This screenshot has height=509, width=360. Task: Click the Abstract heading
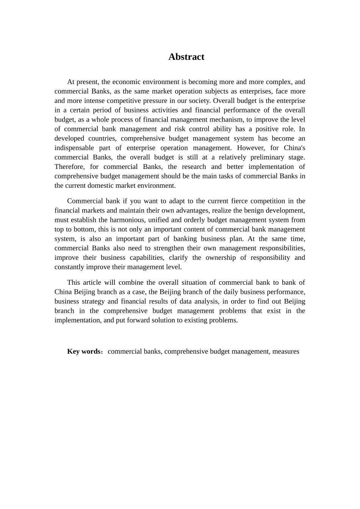pos(186,57)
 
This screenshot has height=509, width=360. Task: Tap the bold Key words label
pos(84,351)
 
